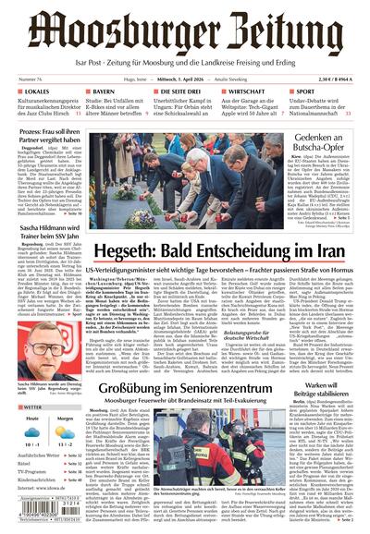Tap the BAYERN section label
pyautogui.click(x=103, y=92)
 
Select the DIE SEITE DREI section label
pyautogui.click(x=180, y=92)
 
